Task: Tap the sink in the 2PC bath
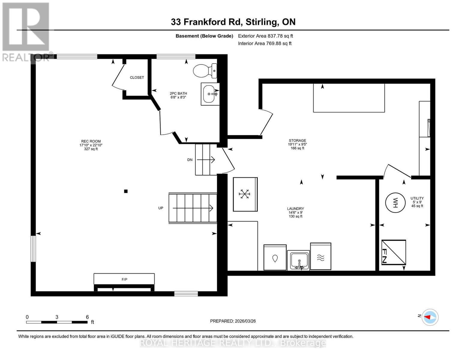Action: [210, 94]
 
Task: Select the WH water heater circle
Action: [395, 203]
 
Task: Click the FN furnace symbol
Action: [393, 252]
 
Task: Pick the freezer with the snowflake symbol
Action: [245, 194]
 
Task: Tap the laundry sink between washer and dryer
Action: [298, 260]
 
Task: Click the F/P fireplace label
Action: [124, 279]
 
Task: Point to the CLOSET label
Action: [137, 77]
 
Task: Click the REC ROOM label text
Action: [91, 141]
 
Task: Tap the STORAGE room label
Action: [297, 140]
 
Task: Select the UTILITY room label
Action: [417, 198]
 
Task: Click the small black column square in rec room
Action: [126, 191]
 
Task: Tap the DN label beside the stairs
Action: [190, 160]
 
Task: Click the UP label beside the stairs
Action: [161, 208]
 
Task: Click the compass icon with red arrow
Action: [430, 317]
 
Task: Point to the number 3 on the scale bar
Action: [57, 317]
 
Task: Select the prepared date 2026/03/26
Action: [233, 321]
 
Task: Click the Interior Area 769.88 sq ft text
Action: [265, 43]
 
